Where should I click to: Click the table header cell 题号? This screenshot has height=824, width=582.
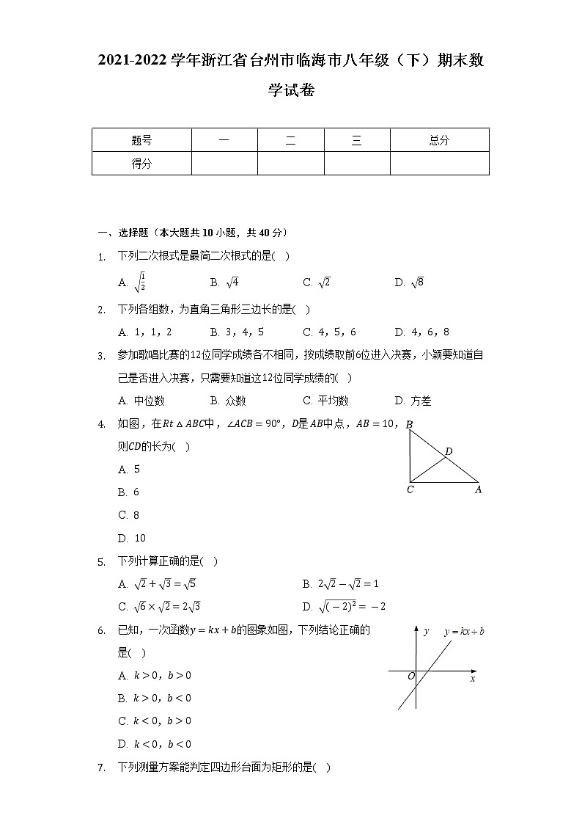click(x=141, y=141)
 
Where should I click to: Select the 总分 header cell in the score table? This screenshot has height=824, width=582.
click(x=439, y=141)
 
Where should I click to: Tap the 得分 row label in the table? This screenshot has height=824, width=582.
click(x=141, y=164)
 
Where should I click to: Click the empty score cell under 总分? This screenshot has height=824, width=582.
click(x=439, y=164)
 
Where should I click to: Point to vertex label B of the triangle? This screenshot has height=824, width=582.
click(x=409, y=425)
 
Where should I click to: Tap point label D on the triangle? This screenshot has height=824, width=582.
click(x=449, y=451)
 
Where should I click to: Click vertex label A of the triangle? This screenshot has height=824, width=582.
click(x=478, y=489)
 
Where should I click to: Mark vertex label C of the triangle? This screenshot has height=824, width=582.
click(x=410, y=489)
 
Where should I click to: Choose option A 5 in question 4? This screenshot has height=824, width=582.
click(x=129, y=469)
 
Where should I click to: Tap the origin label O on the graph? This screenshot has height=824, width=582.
click(x=410, y=676)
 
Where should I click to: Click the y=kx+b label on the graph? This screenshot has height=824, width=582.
click(x=464, y=632)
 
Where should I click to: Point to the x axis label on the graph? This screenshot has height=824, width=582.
click(x=472, y=679)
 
